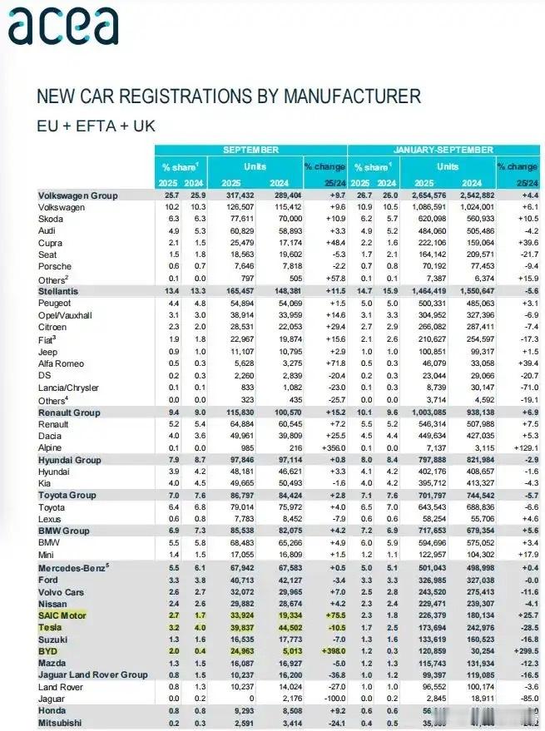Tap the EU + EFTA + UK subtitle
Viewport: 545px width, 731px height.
(x=96, y=126)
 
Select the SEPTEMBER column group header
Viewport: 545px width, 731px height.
(x=250, y=150)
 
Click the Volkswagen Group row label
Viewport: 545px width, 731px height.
(x=78, y=195)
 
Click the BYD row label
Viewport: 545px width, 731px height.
(x=48, y=652)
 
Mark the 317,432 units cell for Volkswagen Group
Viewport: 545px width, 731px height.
(x=240, y=195)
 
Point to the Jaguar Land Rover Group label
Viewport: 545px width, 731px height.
(x=92, y=676)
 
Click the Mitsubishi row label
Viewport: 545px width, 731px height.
(x=61, y=724)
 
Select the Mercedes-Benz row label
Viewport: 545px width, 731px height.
(x=73, y=568)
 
